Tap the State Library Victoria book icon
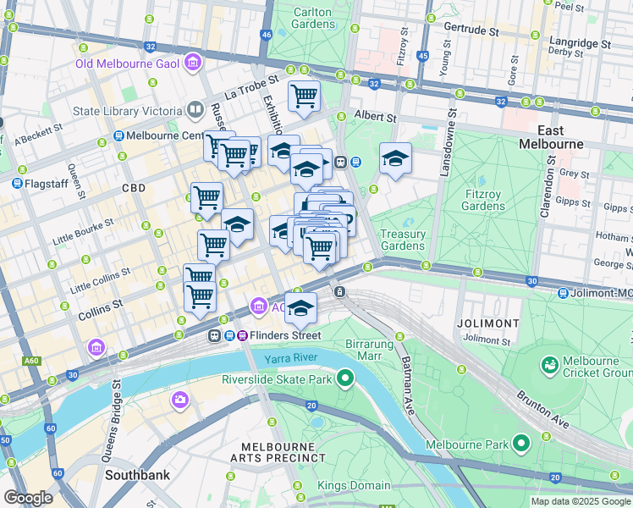(195, 111)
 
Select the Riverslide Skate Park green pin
(344, 378)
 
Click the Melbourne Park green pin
(521, 443)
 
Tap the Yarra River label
(289, 360)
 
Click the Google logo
(28, 497)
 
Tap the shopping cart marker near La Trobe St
(304, 95)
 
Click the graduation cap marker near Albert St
(395, 158)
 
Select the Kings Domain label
(354, 485)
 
